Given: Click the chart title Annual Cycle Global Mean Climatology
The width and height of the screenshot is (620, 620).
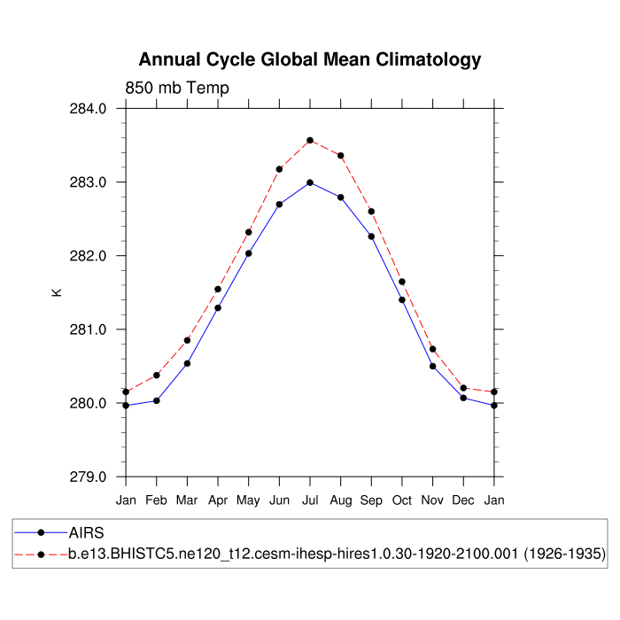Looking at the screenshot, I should click(x=310, y=60).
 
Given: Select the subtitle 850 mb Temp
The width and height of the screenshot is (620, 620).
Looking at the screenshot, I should click(x=177, y=88).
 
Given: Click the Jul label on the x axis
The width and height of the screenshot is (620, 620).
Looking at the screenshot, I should click(x=310, y=500).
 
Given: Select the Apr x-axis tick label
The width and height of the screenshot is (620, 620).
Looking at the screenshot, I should click(x=218, y=500).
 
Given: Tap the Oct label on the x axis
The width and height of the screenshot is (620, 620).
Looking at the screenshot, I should click(x=402, y=500).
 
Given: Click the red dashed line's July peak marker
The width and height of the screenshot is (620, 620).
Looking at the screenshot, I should click(x=310, y=140).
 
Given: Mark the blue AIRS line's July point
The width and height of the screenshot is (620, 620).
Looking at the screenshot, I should click(x=310, y=182).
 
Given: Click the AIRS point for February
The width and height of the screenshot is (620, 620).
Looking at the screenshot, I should click(x=157, y=400).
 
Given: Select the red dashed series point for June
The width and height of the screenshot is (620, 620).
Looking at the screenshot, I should click(x=279, y=168).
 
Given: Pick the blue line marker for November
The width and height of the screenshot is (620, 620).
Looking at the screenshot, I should click(x=433, y=366).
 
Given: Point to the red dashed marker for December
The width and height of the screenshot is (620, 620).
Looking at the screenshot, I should click(x=463, y=388).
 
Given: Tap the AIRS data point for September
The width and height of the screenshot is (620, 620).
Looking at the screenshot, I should click(x=371, y=236).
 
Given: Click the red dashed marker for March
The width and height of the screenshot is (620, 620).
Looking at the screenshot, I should click(x=187, y=340).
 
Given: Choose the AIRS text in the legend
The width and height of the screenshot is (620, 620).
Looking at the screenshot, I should click(x=87, y=533).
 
